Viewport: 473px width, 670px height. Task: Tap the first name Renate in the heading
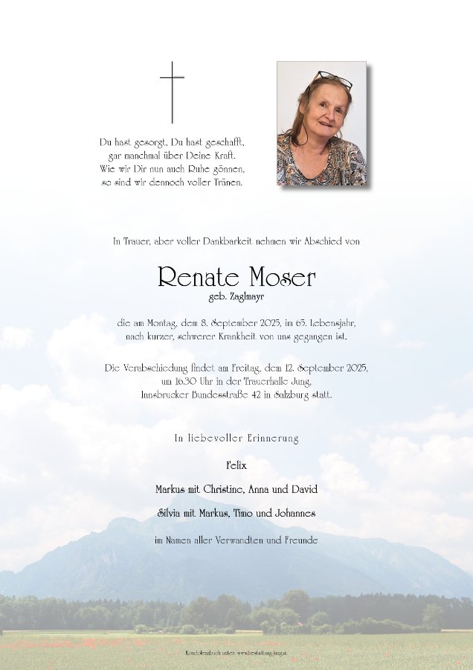pyautogui.click(x=197, y=278)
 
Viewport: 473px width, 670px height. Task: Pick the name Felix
pyautogui.click(x=236, y=465)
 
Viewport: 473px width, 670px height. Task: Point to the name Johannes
pyautogui.click(x=292, y=513)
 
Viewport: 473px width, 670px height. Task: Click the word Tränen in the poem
pyautogui.click(x=227, y=182)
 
